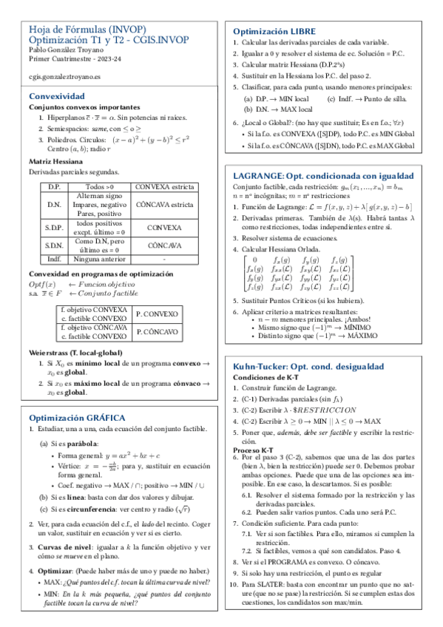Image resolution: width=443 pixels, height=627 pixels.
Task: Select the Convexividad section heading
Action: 56,96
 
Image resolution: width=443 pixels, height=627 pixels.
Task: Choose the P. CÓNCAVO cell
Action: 158,332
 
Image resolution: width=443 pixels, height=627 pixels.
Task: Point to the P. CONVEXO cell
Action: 158,313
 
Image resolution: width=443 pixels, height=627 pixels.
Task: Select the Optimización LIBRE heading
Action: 274,32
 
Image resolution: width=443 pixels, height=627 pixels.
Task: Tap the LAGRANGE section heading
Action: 323,177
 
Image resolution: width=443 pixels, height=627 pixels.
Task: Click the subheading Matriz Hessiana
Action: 54,160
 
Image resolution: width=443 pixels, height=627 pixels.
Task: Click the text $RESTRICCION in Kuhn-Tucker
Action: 327,410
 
